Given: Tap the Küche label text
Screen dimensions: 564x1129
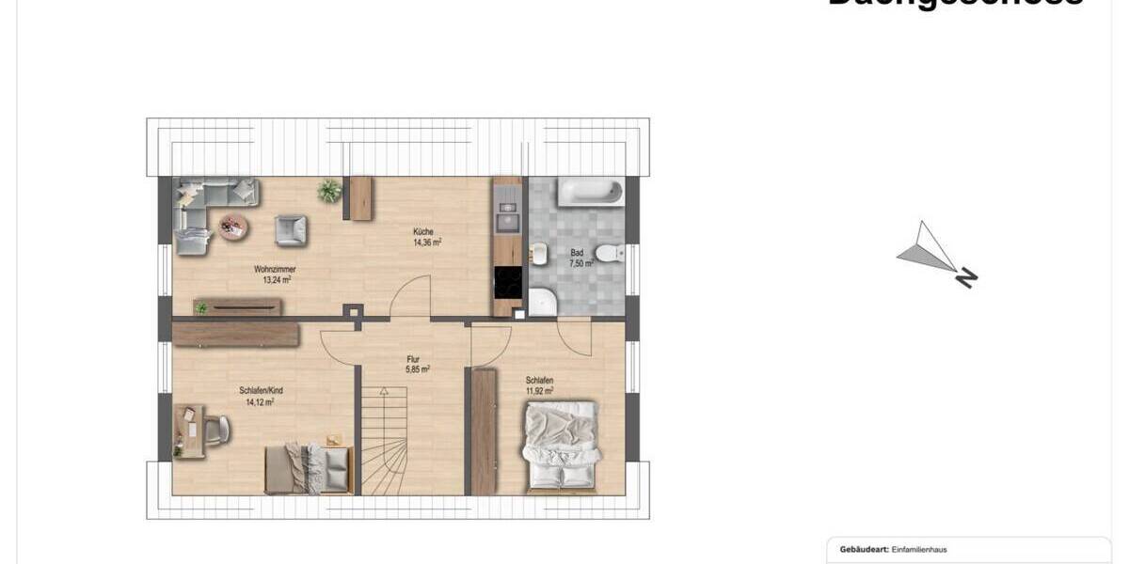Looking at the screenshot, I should pos(422,231).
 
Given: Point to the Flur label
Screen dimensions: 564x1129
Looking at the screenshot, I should pos(412,359).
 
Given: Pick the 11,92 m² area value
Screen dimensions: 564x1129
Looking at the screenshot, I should pos(539,391).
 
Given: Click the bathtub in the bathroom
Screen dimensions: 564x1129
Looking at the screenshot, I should pos(589,193).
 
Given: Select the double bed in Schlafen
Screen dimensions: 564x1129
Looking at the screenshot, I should pos(561,446).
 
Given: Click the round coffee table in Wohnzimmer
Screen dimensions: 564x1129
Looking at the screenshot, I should pos(231,226).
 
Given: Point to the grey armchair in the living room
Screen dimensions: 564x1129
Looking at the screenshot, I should pos(290,229).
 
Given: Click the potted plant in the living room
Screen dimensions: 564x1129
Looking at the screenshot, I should pos(329,191).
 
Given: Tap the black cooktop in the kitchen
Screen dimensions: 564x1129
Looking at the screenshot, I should pos(507,282).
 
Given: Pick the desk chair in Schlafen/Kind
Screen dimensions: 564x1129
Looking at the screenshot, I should pos(217,429).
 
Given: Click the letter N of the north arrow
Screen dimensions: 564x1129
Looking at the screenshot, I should pos(966,278).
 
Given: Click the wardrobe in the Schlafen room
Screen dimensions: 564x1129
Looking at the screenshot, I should pos(484,431).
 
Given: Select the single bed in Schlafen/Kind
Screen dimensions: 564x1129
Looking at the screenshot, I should pos(307,467).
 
